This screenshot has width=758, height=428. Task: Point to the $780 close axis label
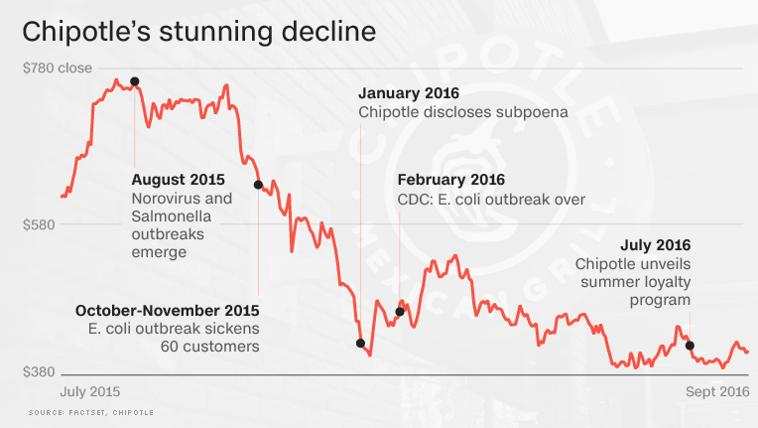point(57,69)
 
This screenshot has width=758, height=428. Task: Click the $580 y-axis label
point(41,224)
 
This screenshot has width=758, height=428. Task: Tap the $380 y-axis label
point(41,372)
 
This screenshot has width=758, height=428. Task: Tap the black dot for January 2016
point(360,344)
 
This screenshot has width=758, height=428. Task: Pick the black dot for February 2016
point(399,312)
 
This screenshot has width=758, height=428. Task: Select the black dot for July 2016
point(690,347)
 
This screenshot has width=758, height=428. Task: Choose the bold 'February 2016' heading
point(451,180)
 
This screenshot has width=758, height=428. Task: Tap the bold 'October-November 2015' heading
point(167,310)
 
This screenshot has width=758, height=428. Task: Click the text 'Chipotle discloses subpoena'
point(462,112)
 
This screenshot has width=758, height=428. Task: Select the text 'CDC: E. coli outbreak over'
point(491,200)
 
